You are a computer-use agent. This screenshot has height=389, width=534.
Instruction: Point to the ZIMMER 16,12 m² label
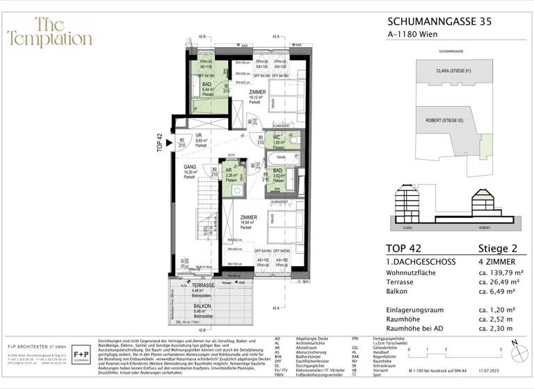[256, 96]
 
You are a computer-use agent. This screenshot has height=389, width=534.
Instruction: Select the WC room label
[277, 138]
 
